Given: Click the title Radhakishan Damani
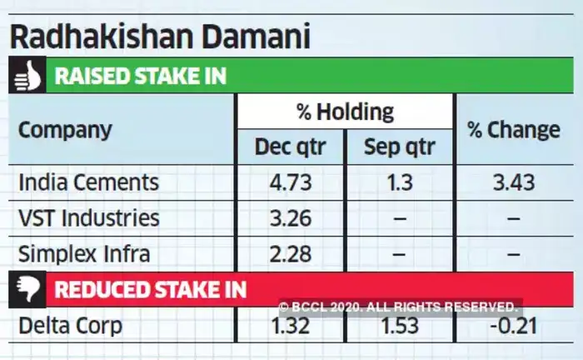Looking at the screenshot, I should click(158, 36).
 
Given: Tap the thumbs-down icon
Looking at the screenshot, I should click(26, 289).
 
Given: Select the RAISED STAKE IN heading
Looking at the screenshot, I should click(140, 77).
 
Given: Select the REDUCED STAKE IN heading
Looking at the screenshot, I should click(150, 289).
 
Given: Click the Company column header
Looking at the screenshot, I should click(65, 130).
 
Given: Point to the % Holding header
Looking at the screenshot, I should click(344, 111).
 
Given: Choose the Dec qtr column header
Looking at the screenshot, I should click(290, 148).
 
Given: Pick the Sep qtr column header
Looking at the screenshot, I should click(399, 148).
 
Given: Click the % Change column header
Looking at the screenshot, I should click(513, 130).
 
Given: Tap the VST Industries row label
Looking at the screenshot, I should click(88, 217).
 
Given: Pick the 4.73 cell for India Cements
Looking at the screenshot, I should click(289, 182).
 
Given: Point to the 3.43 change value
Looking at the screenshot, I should click(513, 182).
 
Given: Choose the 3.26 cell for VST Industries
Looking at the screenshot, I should click(289, 217).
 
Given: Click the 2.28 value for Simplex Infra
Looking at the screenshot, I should click(289, 253).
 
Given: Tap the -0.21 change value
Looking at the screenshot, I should click(513, 325).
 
